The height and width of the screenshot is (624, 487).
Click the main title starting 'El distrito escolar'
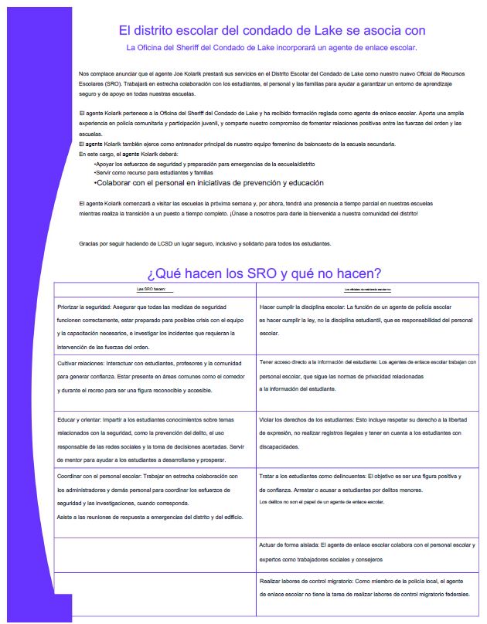point(271,30)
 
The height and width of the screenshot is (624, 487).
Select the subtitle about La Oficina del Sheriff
point(271,48)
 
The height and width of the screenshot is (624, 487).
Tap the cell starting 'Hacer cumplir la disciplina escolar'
point(366,320)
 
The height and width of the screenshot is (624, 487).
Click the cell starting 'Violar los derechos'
point(366,433)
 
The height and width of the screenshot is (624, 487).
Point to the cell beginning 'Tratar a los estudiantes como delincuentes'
point(366,490)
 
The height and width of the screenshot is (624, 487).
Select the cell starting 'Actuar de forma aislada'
point(366,551)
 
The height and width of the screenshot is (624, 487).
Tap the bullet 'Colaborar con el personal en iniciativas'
point(208,183)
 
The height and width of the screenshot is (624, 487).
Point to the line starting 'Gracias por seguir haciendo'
point(205,243)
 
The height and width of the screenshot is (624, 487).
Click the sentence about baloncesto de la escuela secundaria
point(237,144)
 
